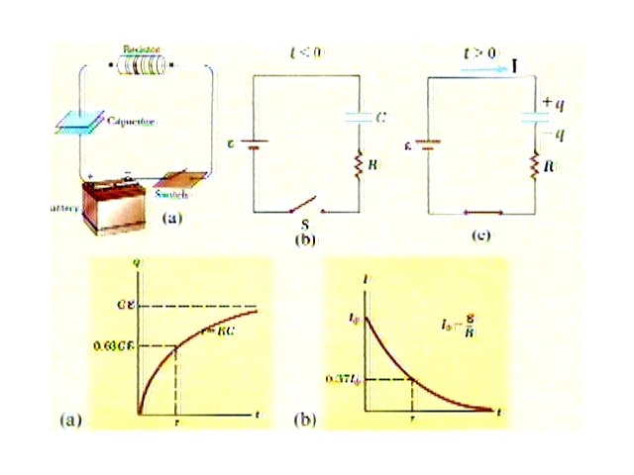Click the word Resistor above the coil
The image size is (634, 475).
pyautogui.click(x=141, y=48)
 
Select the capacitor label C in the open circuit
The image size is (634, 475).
pyautogui.click(x=381, y=118)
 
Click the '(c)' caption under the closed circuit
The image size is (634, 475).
pyautogui.click(x=481, y=237)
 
